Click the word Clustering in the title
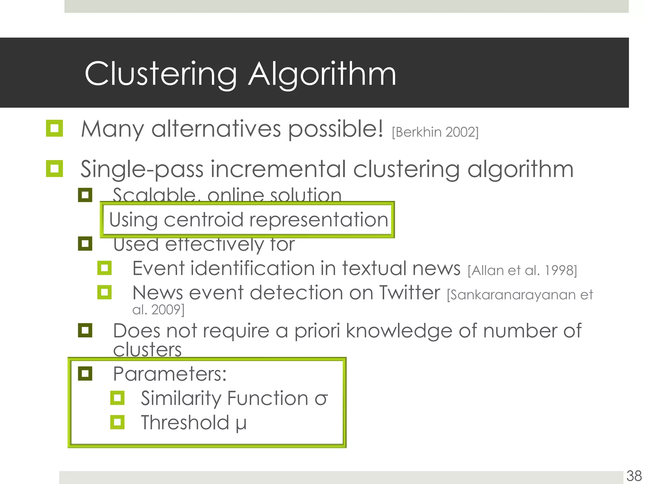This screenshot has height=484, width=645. point(161,74)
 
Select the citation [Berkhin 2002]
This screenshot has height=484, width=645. point(435,132)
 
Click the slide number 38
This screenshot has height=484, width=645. point(634,476)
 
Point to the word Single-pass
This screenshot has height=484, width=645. point(142,170)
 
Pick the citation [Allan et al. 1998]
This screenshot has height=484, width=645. point(522,271)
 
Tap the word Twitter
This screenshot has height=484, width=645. point(409,293)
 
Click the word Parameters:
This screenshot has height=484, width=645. point(170,374)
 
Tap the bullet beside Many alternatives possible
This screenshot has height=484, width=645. point(54,128)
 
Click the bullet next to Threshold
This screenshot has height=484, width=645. point(117,422)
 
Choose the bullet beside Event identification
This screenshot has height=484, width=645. point(105,268)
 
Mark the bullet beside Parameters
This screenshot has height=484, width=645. point(85,374)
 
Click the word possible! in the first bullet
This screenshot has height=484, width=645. point(336,129)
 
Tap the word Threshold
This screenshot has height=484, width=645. point(185,423)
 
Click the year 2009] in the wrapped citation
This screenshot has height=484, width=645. point(168,310)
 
